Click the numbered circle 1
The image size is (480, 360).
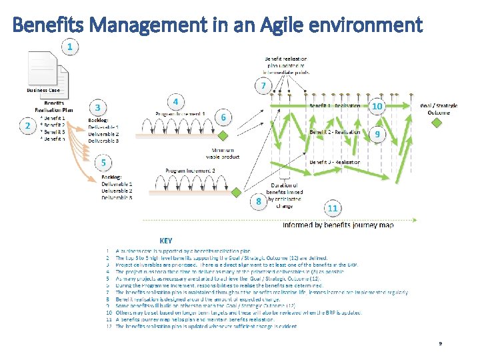click(70, 47)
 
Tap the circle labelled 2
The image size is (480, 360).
click(28, 126)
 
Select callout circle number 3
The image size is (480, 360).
click(98, 107)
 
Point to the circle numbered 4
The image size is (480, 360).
click(175, 102)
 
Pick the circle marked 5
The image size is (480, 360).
click(103, 162)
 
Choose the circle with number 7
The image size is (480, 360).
click(263, 86)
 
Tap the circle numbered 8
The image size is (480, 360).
click(259, 201)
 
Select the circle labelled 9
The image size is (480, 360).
click(377, 134)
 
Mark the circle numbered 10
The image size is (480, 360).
click(377, 107)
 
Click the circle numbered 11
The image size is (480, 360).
click(333, 208)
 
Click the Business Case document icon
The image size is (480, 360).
click(44, 69)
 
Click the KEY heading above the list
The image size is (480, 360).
click(165, 240)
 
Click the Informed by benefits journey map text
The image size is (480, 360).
click(337, 225)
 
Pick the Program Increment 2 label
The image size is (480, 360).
click(190, 171)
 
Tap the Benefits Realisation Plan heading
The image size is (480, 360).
click(54, 107)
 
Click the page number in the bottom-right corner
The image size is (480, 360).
click(440, 343)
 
